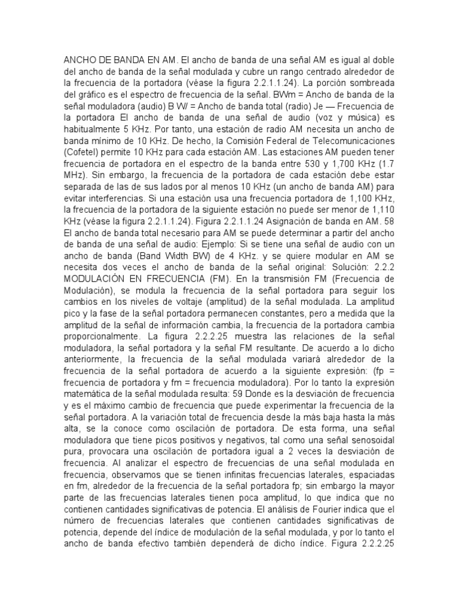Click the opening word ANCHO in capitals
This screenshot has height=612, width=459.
(79, 60)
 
